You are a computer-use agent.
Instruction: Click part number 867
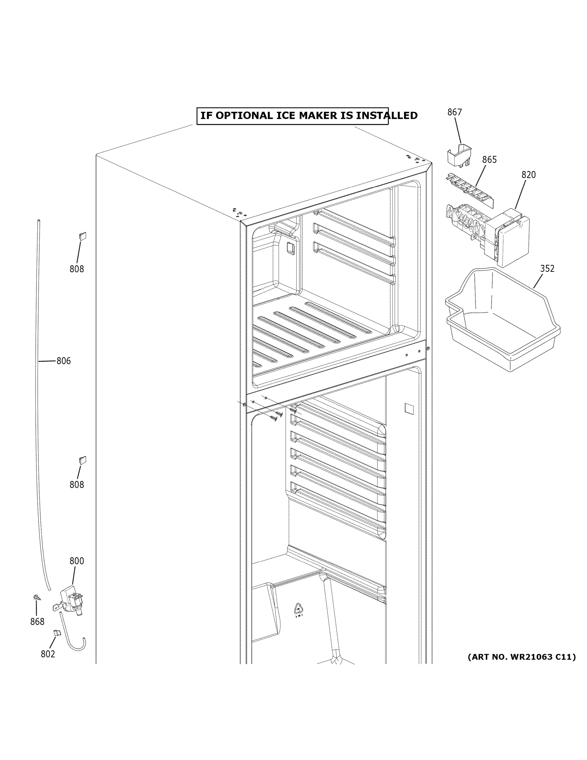click(x=454, y=112)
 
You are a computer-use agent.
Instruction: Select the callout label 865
click(x=489, y=160)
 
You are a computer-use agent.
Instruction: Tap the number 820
click(x=528, y=175)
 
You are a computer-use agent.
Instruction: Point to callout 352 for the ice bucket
click(x=547, y=269)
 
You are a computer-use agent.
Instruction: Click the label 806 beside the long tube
click(x=64, y=361)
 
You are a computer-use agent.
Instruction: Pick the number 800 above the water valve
click(x=77, y=561)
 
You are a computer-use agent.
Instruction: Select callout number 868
click(x=37, y=622)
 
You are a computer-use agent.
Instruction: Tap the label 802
click(x=48, y=654)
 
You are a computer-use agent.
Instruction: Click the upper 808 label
click(x=77, y=269)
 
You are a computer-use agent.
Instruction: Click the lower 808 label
click(x=77, y=485)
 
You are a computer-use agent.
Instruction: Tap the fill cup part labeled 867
click(x=459, y=156)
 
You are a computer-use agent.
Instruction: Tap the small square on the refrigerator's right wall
click(x=409, y=408)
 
